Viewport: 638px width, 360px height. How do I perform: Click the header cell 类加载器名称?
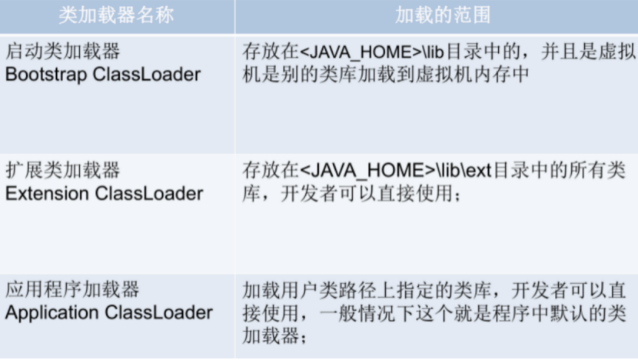[116, 15]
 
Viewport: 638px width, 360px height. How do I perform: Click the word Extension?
[47, 193]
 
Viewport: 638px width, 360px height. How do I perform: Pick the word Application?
[52, 312]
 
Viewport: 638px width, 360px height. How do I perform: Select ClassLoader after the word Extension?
[149, 193]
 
